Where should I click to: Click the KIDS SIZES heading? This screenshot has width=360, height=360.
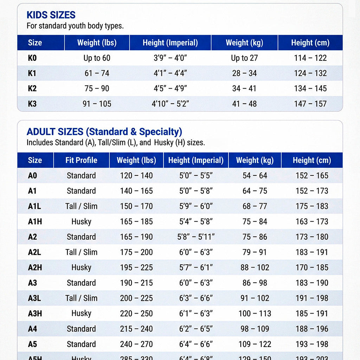(51, 15)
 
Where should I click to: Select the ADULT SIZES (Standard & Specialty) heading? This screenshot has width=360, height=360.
(104, 132)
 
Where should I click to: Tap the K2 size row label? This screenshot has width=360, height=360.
(32, 89)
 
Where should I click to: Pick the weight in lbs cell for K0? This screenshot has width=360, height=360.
(97, 58)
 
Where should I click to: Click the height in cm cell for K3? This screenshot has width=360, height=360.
(310, 104)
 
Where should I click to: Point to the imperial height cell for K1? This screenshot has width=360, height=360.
(170, 73)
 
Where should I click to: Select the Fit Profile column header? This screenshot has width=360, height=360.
(81, 160)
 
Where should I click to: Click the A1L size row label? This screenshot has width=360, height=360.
(34, 206)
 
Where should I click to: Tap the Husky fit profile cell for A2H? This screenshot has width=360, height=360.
(81, 268)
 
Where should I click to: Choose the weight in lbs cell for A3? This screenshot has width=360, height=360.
(136, 283)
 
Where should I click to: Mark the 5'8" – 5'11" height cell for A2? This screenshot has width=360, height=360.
(196, 237)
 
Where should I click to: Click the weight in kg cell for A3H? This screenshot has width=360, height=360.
(255, 313)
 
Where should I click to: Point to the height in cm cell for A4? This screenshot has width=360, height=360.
(312, 329)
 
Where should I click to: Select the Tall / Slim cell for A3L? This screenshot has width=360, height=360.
(81, 298)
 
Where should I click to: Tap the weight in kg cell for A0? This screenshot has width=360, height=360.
(255, 175)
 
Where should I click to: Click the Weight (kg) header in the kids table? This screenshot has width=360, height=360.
(244, 43)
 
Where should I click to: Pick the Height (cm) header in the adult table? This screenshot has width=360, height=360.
(312, 160)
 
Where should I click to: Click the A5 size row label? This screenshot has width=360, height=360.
(32, 344)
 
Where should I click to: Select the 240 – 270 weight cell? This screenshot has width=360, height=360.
(136, 344)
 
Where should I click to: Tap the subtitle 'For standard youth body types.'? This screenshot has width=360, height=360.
(75, 26)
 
